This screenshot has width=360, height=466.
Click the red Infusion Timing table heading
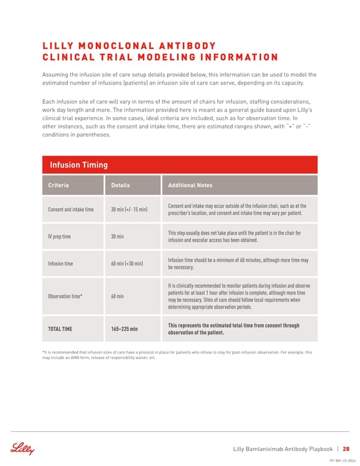tap(79, 165)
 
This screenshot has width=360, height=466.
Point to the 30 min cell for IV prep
tap(118, 236)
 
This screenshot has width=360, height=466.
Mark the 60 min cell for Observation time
tap(118, 296)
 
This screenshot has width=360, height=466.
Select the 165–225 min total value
tap(124, 328)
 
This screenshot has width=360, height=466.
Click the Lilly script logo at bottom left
tap(22, 448)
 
